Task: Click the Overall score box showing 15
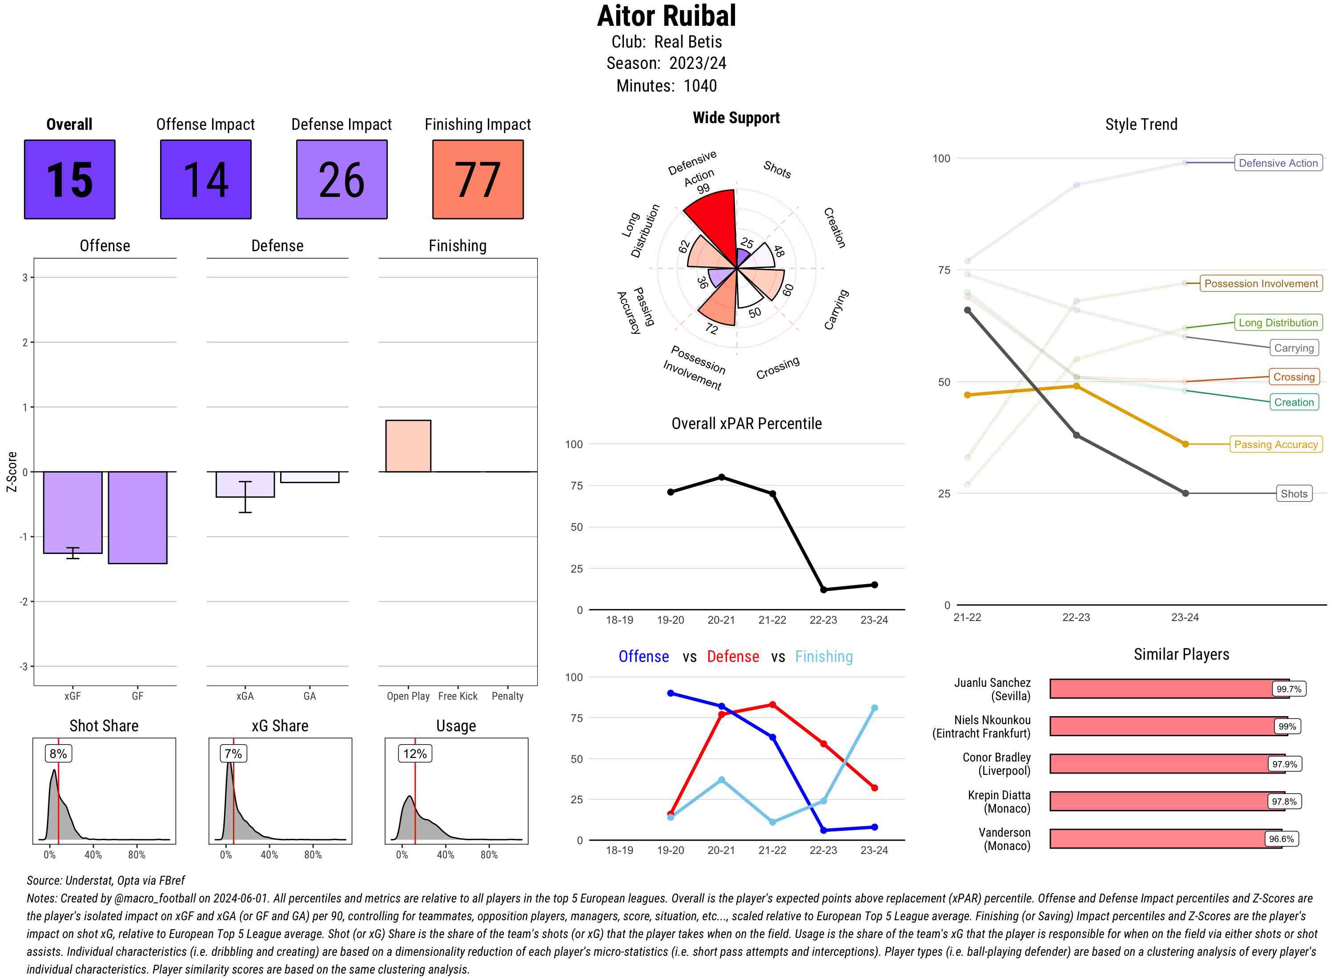coord(69,180)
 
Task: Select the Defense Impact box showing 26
coord(342,180)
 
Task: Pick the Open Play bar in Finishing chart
coord(408,446)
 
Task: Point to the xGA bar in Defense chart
coord(245,484)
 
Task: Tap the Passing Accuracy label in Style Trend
coord(1275,444)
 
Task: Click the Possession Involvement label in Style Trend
coord(1261,283)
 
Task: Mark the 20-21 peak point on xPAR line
coord(721,477)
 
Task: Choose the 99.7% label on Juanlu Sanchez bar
coord(1288,689)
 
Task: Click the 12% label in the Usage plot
coord(414,753)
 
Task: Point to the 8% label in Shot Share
coord(58,753)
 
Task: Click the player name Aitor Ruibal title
coord(666,16)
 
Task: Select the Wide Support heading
coord(736,117)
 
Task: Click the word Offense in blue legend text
coord(643,656)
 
